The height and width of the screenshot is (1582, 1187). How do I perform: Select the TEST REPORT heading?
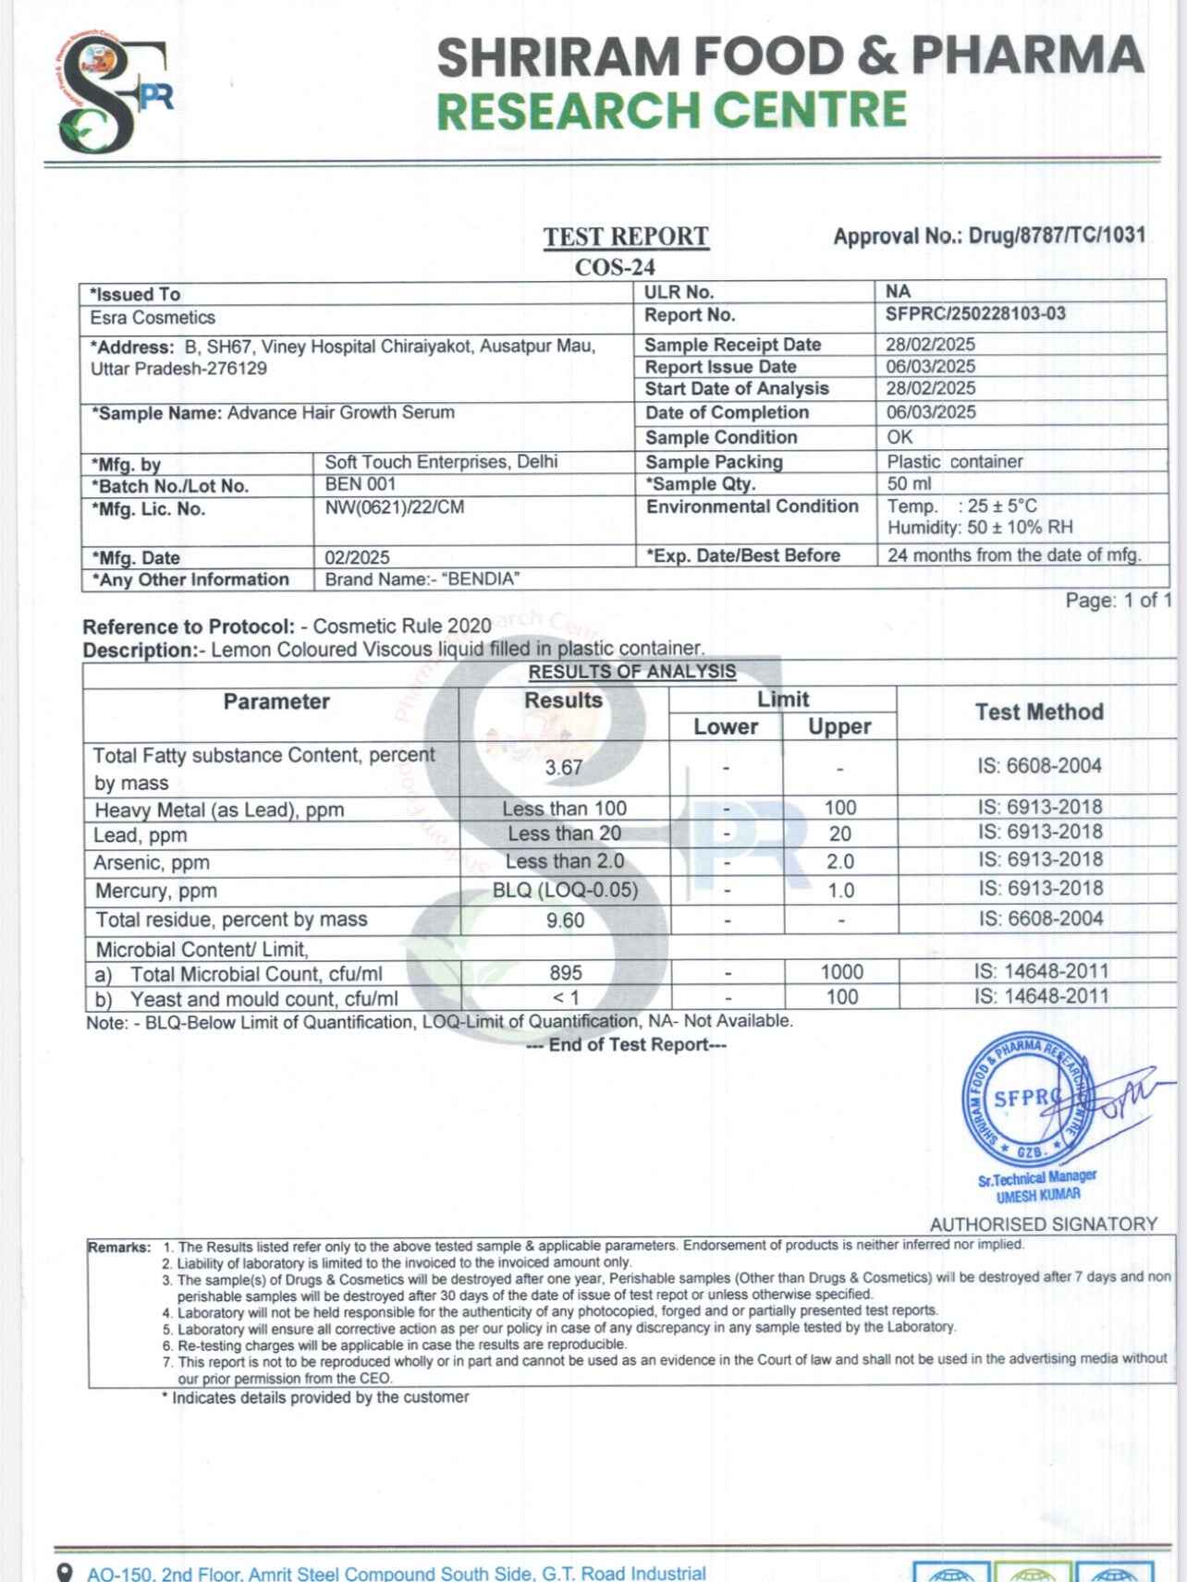pos(625,237)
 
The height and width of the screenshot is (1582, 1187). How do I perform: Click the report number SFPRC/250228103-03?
pos(975,314)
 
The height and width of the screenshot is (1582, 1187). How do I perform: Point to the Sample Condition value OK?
pos(899,437)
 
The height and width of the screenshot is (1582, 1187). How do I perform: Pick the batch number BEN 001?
pos(361,484)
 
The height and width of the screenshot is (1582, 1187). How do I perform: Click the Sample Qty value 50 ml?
pos(910,483)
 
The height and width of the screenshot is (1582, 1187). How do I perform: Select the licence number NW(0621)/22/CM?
pos(395,507)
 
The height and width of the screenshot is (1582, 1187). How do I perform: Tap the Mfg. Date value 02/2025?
pos(357,557)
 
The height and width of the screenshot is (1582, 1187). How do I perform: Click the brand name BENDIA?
pos(481,579)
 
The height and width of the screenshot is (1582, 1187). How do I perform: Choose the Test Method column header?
pos(1038,712)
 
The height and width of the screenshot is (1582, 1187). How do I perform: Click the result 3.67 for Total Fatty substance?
pos(563,768)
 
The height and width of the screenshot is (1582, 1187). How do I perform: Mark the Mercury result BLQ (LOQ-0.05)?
pos(565,891)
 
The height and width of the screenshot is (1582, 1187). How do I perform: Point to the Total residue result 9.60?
pos(565,920)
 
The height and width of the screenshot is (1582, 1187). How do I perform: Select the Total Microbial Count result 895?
pos(565,973)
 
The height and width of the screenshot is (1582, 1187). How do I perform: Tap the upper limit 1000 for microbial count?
pos(841,972)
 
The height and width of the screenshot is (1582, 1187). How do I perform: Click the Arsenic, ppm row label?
pos(152,863)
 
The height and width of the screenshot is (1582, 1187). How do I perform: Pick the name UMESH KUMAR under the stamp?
pos(1037,1196)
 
